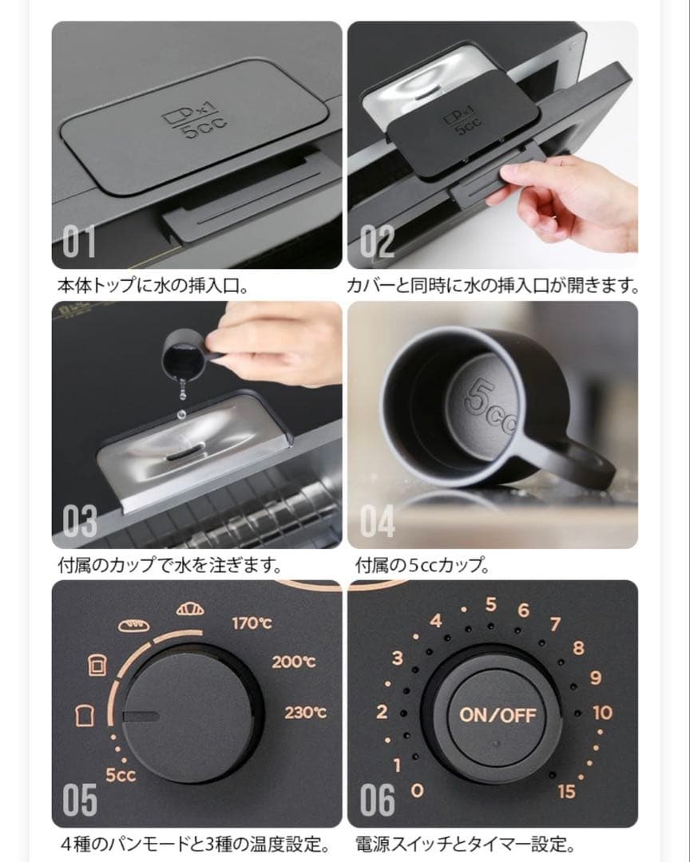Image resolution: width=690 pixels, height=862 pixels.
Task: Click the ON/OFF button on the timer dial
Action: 498,714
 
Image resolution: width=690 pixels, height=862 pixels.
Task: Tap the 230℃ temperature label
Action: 305,713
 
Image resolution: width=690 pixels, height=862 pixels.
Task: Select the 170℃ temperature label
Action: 252,623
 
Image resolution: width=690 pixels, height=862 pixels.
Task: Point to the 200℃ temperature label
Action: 293,662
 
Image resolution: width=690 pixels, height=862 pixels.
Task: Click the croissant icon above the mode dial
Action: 190,610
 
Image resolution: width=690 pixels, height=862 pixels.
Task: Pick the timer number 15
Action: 566,792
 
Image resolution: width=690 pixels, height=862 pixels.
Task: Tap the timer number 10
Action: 602,712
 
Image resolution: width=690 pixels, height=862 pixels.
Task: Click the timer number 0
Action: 416,791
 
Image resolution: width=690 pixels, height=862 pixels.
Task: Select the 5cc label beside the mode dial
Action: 121,774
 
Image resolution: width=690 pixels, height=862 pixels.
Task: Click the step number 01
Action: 80,243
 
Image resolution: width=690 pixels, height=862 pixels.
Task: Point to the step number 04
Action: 378,522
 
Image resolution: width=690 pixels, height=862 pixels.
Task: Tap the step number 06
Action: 377,801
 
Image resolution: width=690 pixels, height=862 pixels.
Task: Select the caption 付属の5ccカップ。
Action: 422,565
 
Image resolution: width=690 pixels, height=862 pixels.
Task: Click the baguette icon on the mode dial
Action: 134,626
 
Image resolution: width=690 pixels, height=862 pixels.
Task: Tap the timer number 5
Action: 491,604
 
